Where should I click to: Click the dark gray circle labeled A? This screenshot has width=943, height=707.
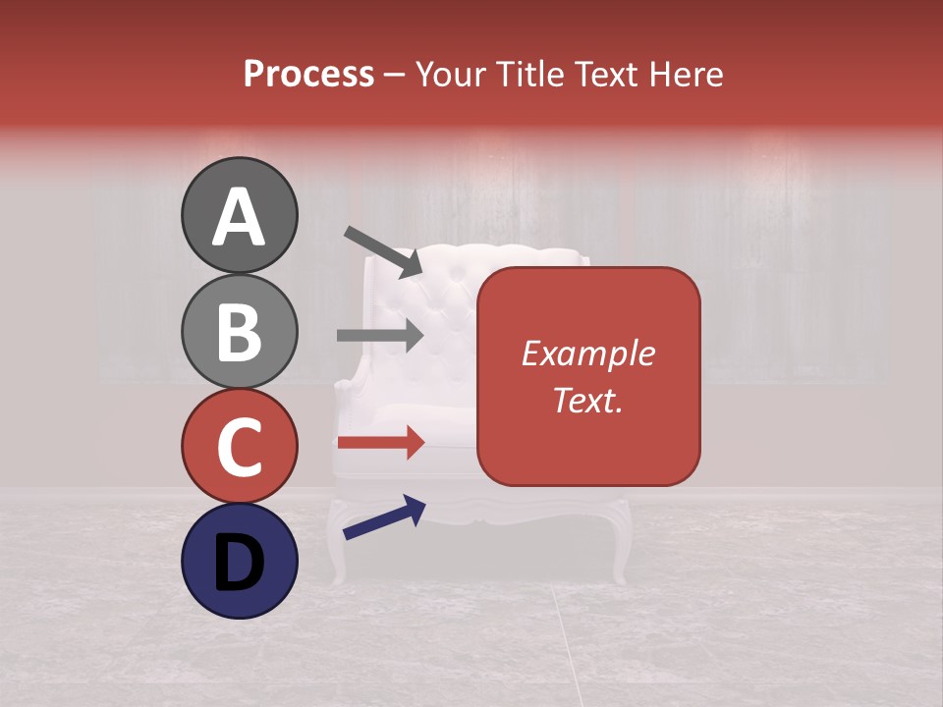pyautogui.click(x=239, y=215)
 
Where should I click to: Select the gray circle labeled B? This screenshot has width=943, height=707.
pyautogui.click(x=239, y=331)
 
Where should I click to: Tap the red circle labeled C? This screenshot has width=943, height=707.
pyautogui.click(x=239, y=446)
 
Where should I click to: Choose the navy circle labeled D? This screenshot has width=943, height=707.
pyautogui.click(x=239, y=561)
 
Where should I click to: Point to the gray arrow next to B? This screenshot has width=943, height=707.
pyautogui.click(x=380, y=336)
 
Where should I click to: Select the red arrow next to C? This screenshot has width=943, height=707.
pyautogui.click(x=380, y=442)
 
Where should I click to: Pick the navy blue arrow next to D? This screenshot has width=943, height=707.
pyautogui.click(x=384, y=517)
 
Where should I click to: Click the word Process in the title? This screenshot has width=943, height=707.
pyautogui.click(x=308, y=75)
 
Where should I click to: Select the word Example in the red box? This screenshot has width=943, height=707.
pyautogui.click(x=588, y=353)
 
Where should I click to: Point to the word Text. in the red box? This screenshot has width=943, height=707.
pyautogui.click(x=588, y=400)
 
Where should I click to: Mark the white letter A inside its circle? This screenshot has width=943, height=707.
pyautogui.click(x=239, y=217)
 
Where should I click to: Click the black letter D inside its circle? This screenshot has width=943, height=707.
pyautogui.click(x=239, y=563)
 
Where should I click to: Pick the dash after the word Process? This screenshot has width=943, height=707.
pyautogui.click(x=394, y=76)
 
